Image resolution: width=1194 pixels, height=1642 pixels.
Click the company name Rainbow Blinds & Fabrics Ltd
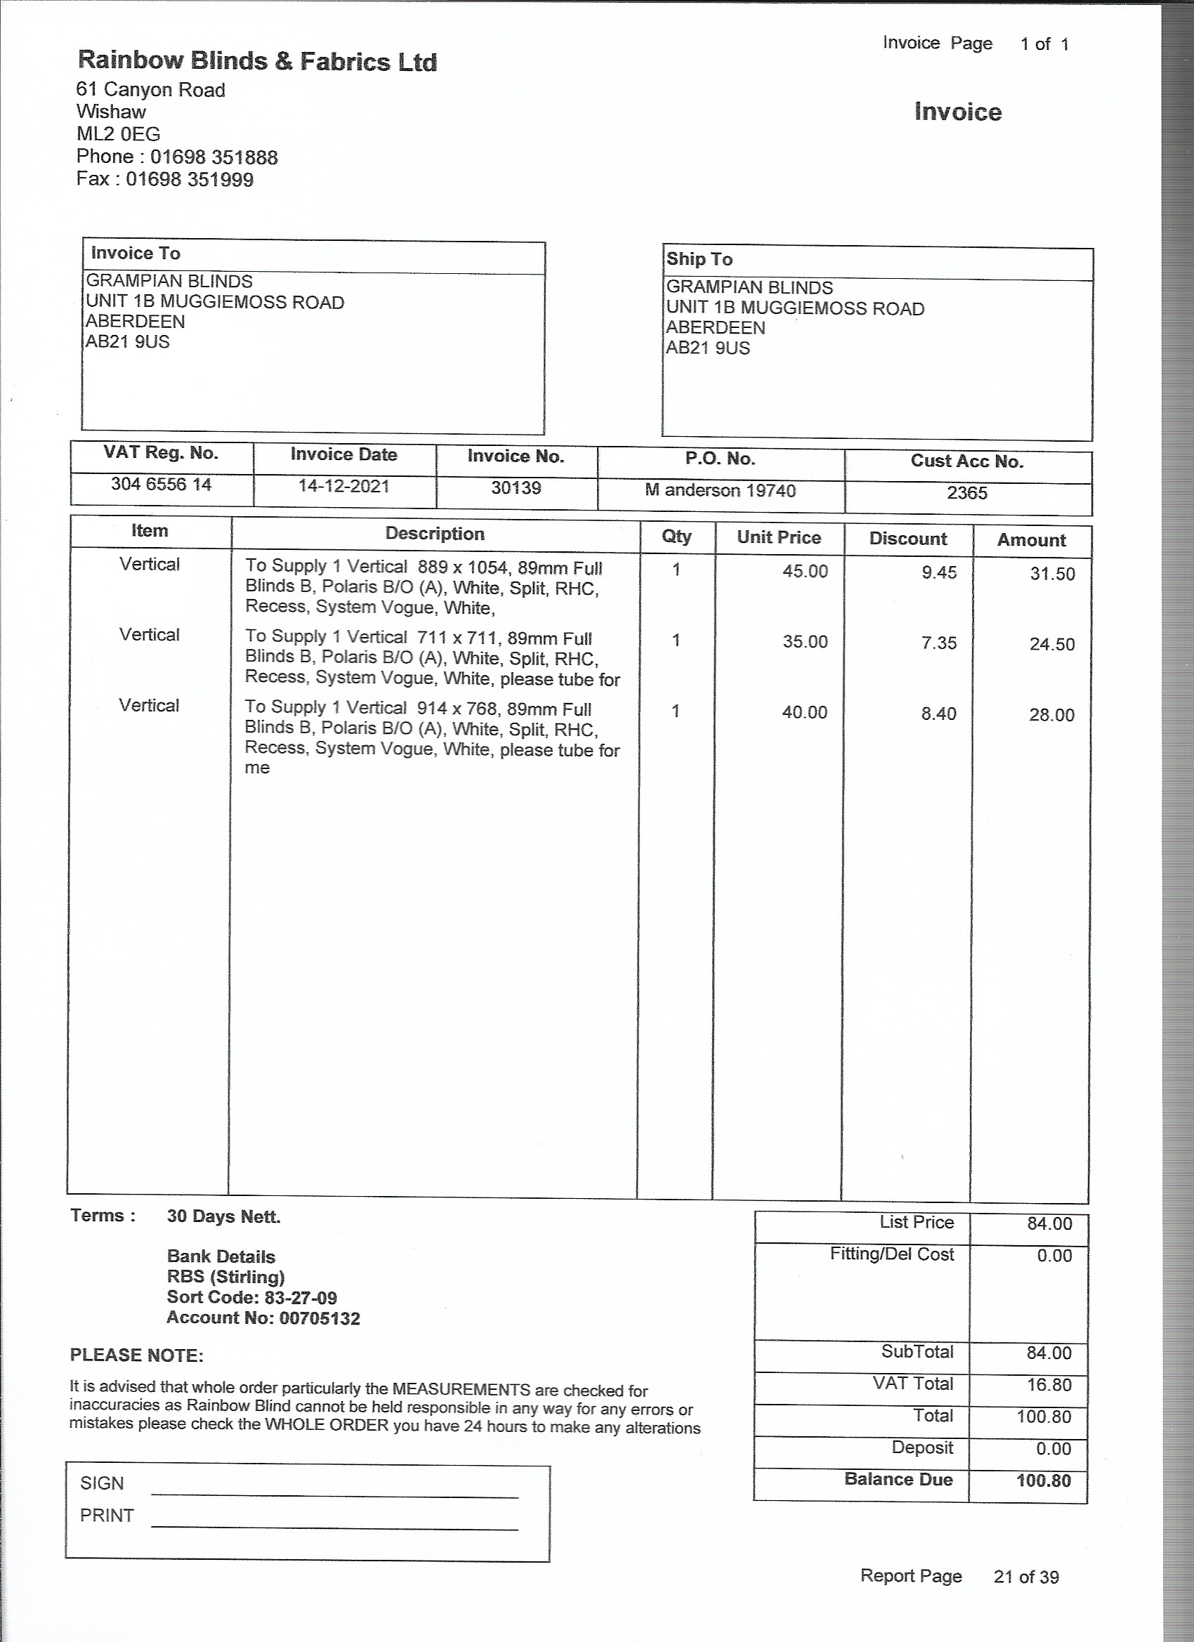257,61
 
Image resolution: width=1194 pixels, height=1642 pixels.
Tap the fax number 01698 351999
190,180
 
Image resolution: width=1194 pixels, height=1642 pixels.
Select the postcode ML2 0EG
118,134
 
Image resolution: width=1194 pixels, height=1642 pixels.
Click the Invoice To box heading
136,254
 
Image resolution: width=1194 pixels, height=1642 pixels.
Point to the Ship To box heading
700,259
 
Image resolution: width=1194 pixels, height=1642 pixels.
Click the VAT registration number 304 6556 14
161,485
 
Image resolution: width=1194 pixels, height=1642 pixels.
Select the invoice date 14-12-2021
344,486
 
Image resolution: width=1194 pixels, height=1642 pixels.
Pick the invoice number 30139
516,488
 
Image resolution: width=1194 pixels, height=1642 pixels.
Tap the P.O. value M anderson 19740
721,491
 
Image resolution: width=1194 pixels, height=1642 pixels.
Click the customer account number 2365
967,493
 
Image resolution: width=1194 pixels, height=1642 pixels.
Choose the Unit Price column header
779,538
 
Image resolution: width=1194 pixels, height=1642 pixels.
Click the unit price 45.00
804,571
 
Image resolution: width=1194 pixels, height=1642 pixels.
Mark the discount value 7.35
939,643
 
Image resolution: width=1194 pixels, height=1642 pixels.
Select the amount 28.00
1051,715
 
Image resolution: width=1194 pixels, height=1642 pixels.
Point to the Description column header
435,534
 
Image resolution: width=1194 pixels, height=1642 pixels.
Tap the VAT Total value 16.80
1049,1385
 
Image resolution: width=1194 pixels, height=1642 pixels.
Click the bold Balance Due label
898,1479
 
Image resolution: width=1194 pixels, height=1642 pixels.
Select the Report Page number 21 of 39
1026,1577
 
